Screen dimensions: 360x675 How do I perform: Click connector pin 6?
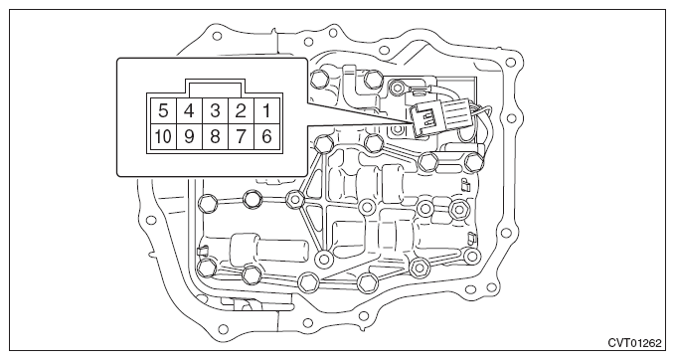point(266,135)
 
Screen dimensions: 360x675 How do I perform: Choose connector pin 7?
point(241,135)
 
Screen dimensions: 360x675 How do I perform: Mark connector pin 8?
point(214,135)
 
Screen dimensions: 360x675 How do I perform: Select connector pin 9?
point(188,135)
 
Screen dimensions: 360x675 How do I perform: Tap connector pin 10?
point(161,135)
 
